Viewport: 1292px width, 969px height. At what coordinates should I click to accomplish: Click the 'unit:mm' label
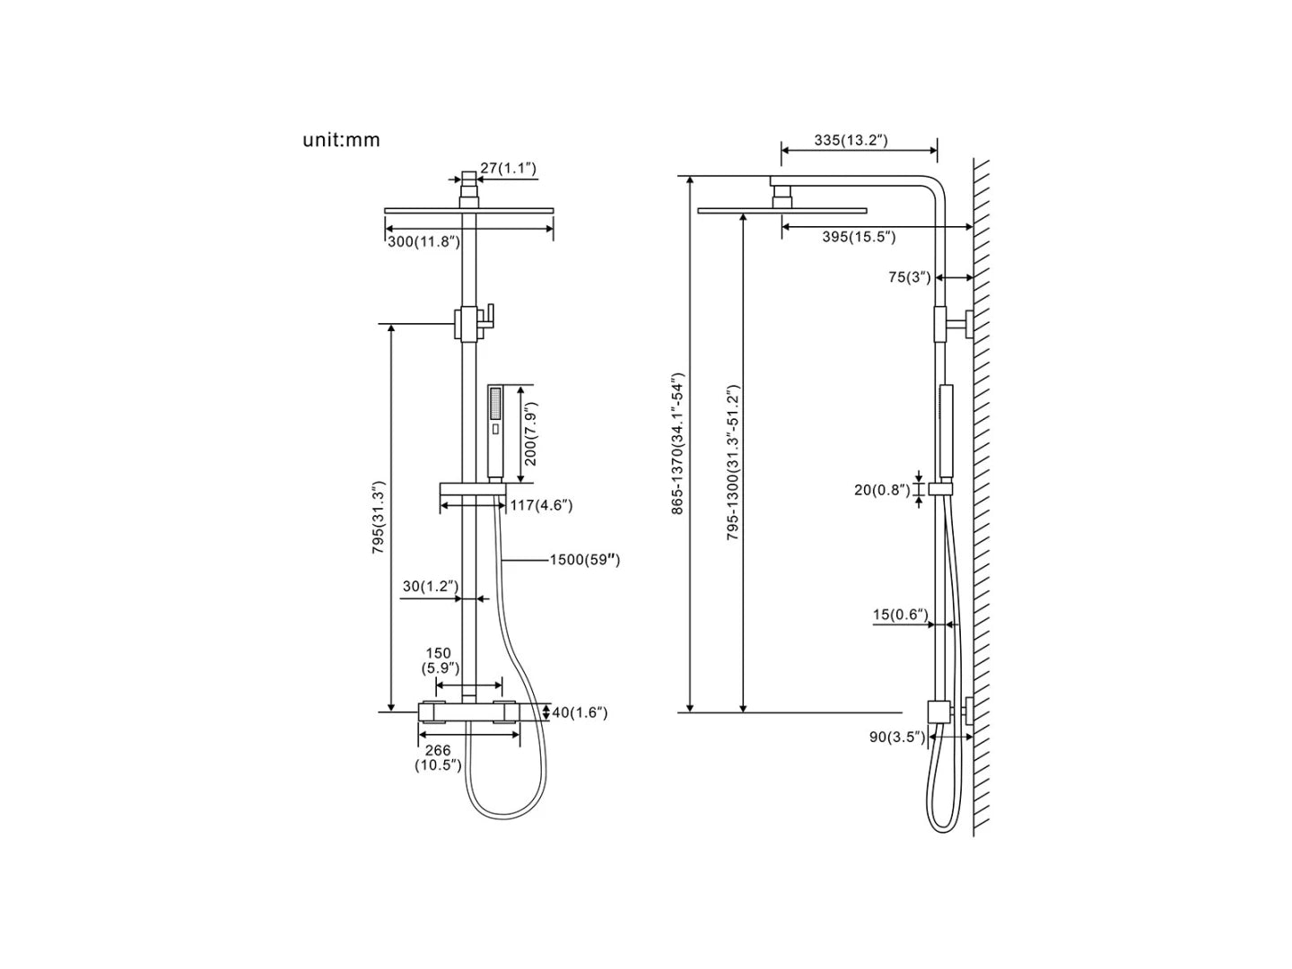click(x=341, y=140)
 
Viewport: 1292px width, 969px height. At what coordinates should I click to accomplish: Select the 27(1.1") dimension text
click(x=508, y=168)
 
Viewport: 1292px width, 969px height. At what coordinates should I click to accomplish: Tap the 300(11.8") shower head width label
click(x=423, y=241)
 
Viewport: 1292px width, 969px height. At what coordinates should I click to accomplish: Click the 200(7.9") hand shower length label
click(x=530, y=434)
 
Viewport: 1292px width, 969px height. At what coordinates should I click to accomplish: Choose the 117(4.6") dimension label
click(x=541, y=505)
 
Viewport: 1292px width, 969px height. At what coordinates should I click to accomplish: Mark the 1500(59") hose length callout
click(x=585, y=560)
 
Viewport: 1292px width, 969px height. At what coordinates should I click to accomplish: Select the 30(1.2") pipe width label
click(x=431, y=587)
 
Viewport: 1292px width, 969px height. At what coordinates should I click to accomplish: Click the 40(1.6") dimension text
click(x=580, y=712)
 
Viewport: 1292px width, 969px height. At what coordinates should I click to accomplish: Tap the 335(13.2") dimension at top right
click(x=851, y=140)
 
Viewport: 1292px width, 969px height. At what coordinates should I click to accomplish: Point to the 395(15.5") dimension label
click(x=859, y=237)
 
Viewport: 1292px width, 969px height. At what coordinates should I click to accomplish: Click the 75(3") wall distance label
click(x=910, y=277)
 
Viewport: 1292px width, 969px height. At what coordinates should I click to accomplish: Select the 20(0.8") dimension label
click(x=882, y=490)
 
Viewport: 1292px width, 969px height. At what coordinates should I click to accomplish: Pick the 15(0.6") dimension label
click(x=901, y=615)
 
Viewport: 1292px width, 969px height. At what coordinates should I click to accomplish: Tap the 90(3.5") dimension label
click(x=896, y=737)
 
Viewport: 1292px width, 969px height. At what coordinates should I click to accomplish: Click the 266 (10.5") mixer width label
click(x=438, y=758)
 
